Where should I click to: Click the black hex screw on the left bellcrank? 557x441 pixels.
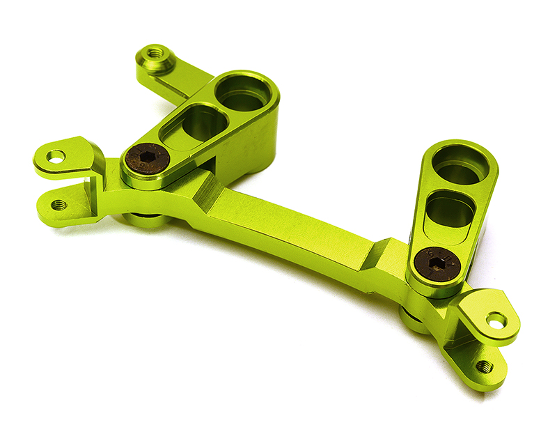[146, 160]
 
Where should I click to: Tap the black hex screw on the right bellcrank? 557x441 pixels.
[436, 265]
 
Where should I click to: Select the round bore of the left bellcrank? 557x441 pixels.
[243, 92]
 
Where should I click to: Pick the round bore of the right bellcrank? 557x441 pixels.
[461, 164]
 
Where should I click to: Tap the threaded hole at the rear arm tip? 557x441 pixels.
[155, 54]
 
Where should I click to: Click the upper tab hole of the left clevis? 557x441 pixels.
[56, 157]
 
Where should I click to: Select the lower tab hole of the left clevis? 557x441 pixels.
[59, 205]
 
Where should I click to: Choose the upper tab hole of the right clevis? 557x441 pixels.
[496, 320]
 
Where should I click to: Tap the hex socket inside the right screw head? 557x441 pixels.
[437, 265]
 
